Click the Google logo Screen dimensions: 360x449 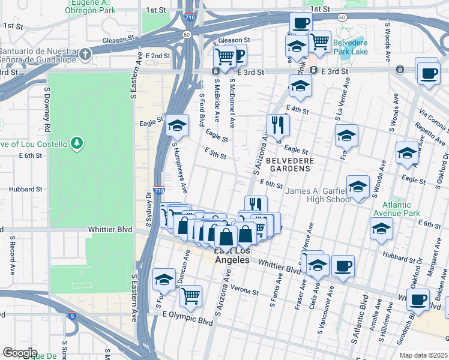(20, 352)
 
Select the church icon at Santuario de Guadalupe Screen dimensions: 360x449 (86, 53)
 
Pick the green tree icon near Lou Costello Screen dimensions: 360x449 (76, 143)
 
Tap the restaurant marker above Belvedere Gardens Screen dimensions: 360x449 (278, 124)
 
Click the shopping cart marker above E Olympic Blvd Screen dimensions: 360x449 (190, 295)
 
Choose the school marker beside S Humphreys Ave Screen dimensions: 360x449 (176, 125)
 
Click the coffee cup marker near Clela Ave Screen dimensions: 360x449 (343, 266)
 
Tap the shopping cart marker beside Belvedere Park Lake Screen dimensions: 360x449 (320, 41)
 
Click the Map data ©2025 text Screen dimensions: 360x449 (424, 355)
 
